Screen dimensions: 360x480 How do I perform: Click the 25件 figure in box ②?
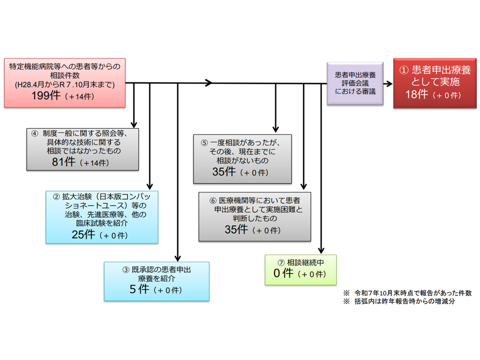[82, 234]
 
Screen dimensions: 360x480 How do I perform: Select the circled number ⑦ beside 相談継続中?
[281, 262]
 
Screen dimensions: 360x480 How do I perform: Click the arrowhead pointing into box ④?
[134, 125]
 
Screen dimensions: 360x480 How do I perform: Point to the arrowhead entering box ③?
[177, 258]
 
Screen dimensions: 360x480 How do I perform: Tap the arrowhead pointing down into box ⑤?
[275, 130]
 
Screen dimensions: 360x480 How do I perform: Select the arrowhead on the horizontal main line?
[209, 83]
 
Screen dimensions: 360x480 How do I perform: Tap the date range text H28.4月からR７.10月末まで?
[65, 84]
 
